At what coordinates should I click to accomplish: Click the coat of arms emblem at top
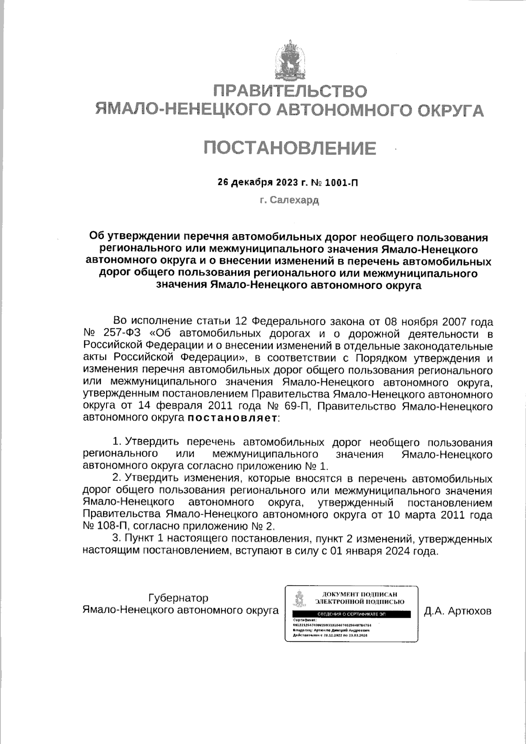pos(289,61)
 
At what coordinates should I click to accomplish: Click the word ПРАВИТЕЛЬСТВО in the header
pos(289,91)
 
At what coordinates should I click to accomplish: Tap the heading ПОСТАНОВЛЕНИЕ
pos(289,148)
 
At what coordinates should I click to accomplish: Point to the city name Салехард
pos(295,200)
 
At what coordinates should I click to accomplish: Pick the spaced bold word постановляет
pos(233,418)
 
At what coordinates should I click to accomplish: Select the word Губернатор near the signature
pos(178,598)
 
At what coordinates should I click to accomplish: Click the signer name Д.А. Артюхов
pos(458,611)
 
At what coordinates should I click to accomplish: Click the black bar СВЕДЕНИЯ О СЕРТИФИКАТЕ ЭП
pos(352,615)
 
